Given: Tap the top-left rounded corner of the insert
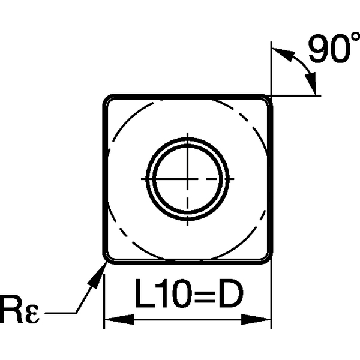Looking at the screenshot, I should coord(108,100).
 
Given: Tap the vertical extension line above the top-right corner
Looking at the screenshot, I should coord(271,66).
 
